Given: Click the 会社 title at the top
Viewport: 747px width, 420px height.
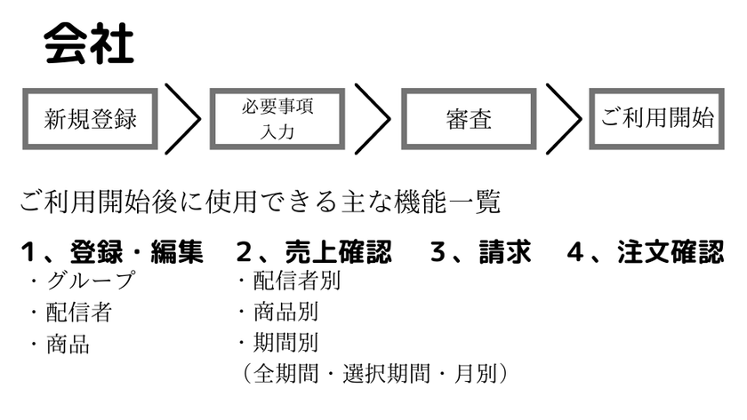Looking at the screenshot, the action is coord(89,44).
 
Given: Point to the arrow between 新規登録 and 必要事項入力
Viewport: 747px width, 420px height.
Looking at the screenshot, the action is coord(200,119).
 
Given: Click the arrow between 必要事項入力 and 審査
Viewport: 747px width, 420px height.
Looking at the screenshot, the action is coord(390,119).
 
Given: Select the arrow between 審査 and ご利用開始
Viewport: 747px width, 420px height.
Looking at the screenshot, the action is coord(580,119).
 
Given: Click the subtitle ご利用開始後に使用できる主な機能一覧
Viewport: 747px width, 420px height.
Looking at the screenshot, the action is coord(260,202).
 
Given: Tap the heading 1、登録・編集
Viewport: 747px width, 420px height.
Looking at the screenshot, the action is coord(112,251).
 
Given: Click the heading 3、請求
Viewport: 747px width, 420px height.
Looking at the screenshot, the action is coord(481,251).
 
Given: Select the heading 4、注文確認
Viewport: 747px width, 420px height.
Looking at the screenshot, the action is coord(646,251).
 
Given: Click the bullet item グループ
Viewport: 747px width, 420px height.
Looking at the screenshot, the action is coord(91,281).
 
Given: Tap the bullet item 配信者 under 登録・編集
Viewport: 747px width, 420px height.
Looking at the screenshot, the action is coord(78,313).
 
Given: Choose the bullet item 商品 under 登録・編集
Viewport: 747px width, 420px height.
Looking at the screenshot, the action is coord(68,344).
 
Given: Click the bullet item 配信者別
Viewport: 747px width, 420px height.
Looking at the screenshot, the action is coord(297,281).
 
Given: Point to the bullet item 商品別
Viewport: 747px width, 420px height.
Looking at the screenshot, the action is coord(285,312).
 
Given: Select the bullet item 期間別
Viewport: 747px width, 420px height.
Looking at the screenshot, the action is coord(285,343).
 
